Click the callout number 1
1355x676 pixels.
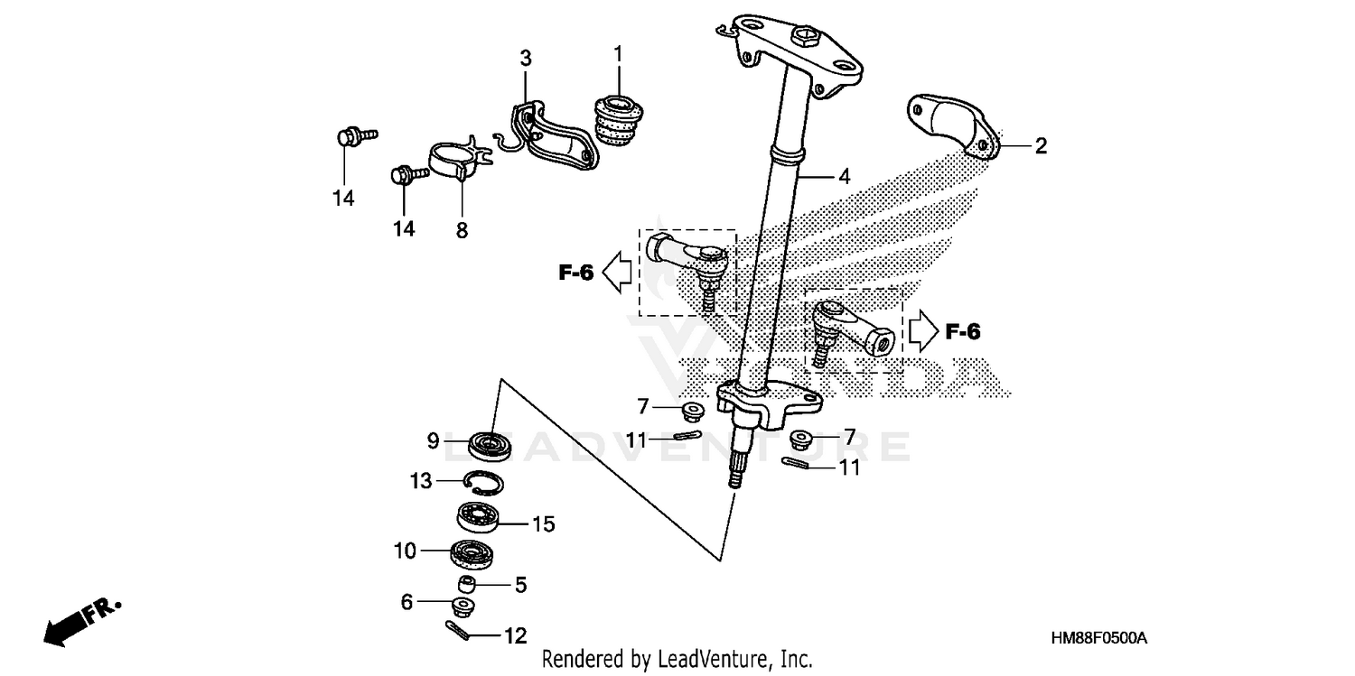[x=618, y=54]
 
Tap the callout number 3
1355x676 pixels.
[x=525, y=60]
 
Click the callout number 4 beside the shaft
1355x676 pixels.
[x=843, y=177]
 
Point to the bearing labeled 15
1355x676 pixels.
[x=481, y=519]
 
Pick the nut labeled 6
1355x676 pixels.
[x=464, y=605]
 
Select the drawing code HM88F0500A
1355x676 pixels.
[x=1099, y=639]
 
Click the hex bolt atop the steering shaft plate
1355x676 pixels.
[x=802, y=38]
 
